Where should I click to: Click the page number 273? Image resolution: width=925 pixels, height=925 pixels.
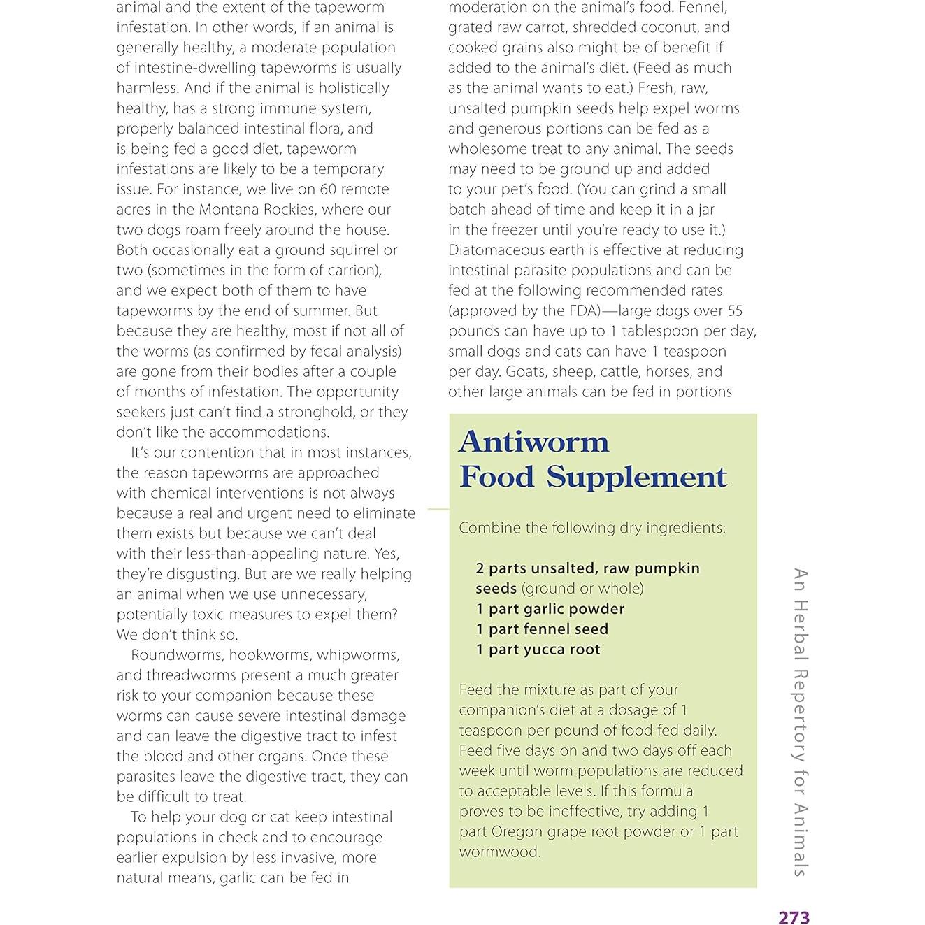click(794, 917)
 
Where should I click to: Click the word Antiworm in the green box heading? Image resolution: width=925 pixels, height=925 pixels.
click(533, 442)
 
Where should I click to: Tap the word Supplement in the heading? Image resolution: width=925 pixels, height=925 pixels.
click(636, 477)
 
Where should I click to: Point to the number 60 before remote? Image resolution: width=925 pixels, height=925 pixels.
click(329, 189)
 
